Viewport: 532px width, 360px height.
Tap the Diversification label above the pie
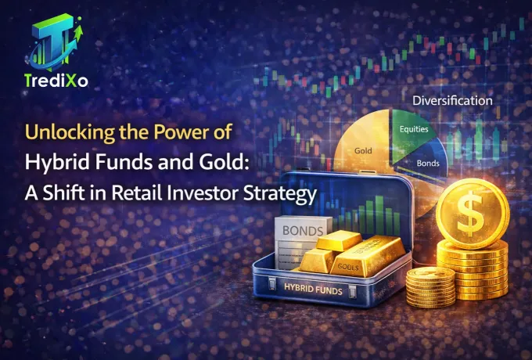453,100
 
